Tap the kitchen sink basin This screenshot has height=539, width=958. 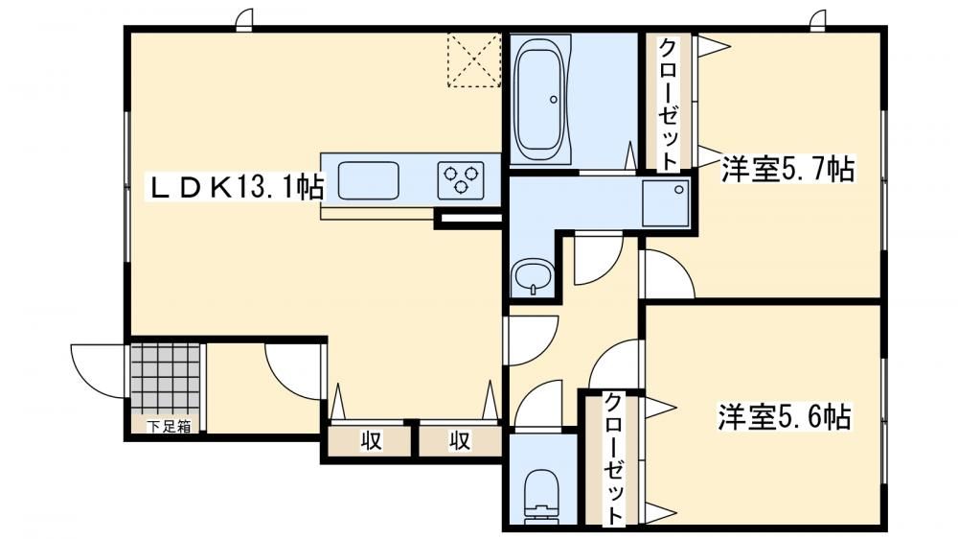click(x=369, y=180)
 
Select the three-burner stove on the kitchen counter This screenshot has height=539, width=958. click(x=461, y=180)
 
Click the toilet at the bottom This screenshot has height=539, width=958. click(x=542, y=497)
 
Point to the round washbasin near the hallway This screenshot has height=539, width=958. click(x=533, y=278)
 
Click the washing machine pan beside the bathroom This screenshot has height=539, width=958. click(x=666, y=203)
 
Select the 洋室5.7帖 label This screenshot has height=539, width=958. click(x=787, y=170)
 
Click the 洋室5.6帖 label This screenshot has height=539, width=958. click(x=784, y=417)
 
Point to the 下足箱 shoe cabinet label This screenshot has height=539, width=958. click(x=168, y=427)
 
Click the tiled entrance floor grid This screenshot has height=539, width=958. click(x=166, y=379)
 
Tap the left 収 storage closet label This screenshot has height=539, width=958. click(x=370, y=440)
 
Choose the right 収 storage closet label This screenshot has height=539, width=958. click(x=460, y=440)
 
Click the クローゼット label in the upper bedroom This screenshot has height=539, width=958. click(x=669, y=104)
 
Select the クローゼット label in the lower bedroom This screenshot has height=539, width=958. click(x=614, y=459)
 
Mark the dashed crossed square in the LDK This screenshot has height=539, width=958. click(x=474, y=59)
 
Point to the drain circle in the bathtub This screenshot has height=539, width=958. click(x=554, y=99)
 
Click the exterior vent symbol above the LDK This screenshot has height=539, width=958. click(x=244, y=19)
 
